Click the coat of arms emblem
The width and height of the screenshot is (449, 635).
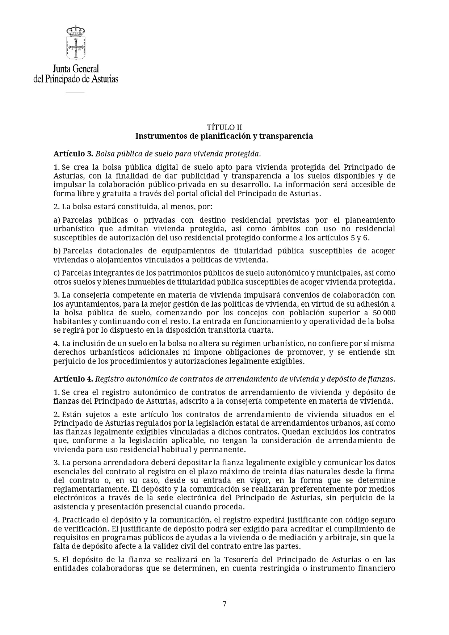click(75, 42)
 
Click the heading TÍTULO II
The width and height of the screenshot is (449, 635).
click(224, 127)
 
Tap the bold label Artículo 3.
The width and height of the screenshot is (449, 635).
click(74, 154)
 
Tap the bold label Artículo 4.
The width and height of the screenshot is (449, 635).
click(74, 379)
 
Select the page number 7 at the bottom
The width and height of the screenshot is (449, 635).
click(224, 604)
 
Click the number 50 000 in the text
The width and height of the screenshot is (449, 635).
click(384, 313)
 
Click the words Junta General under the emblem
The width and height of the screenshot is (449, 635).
click(76, 68)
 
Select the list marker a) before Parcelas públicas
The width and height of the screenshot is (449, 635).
click(56, 220)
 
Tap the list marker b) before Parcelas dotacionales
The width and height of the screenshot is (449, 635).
click(57, 251)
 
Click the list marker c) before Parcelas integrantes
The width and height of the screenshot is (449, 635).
click(56, 273)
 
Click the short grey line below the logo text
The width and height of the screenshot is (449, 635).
click(75, 92)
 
